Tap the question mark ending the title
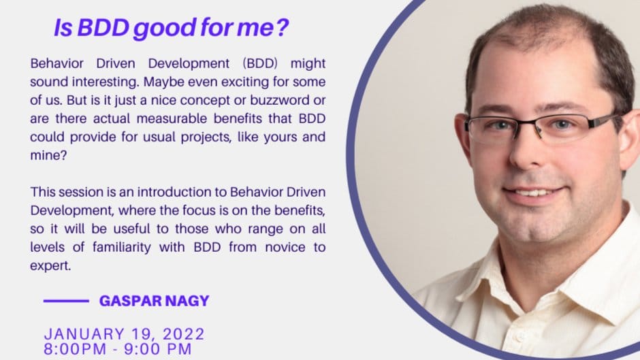282,28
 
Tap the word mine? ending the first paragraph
48,156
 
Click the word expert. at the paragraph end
50,266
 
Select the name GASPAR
125,301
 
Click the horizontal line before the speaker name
66,301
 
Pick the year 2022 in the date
184,334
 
